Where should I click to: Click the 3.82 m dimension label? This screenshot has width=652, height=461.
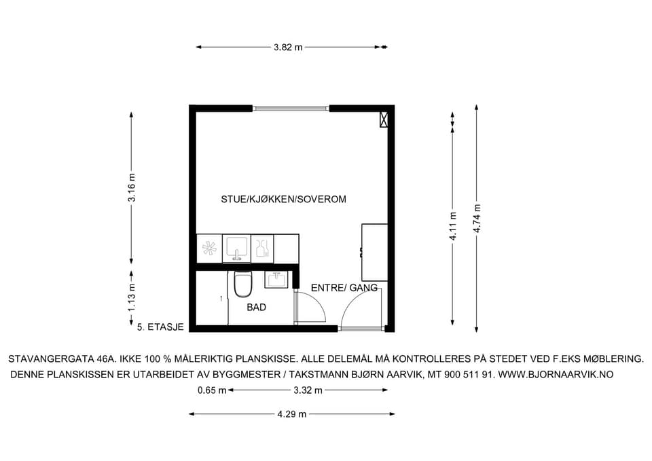(x=288, y=48)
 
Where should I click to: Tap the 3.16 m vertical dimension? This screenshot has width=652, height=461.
(x=132, y=187)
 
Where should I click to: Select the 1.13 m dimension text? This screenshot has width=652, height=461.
(x=132, y=297)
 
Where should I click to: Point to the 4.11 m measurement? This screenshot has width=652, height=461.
(x=453, y=226)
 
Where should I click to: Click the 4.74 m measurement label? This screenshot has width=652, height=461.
(x=477, y=219)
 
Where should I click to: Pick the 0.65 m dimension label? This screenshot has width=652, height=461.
(x=212, y=390)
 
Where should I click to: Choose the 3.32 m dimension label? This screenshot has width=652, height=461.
(x=308, y=390)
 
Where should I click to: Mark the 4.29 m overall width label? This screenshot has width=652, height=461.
(x=292, y=414)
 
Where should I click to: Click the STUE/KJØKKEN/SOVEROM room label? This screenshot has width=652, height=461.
(x=284, y=200)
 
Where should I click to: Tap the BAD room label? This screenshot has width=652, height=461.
(x=257, y=308)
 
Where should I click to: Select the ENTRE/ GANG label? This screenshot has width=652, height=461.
(x=344, y=288)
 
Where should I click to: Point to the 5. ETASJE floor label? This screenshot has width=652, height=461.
(x=160, y=327)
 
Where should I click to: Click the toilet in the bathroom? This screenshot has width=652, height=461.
(x=243, y=284)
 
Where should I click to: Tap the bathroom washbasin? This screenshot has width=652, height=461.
(x=276, y=279)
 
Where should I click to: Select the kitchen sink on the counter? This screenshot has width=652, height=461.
(x=236, y=249)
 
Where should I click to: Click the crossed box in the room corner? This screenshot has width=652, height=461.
(x=384, y=119)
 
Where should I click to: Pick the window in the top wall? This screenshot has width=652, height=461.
(x=291, y=109)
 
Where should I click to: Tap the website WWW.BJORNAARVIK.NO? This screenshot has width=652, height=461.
(x=556, y=375)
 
